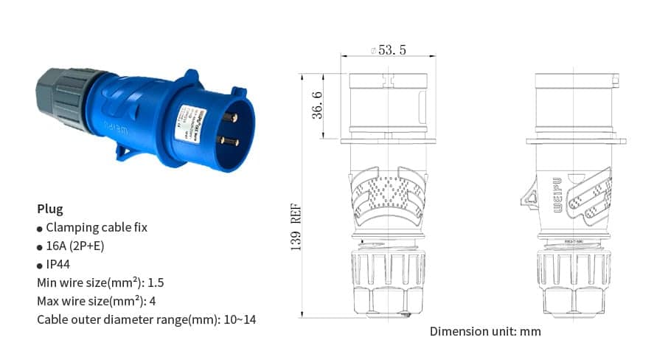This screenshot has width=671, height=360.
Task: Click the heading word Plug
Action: click(x=50, y=209)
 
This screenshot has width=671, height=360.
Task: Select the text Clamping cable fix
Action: click(x=97, y=227)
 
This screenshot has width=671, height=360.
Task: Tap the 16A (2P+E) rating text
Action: click(x=75, y=246)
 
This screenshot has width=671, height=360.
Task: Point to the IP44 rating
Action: click(x=58, y=264)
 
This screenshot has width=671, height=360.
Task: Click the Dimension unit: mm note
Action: click(x=485, y=331)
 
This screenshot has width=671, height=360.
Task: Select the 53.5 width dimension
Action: click(x=392, y=50)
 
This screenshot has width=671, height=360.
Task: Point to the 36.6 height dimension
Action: click(x=317, y=105)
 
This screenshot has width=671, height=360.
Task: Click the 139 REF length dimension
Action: click(x=296, y=229)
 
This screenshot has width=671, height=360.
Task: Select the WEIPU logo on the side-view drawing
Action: click(x=557, y=194)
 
